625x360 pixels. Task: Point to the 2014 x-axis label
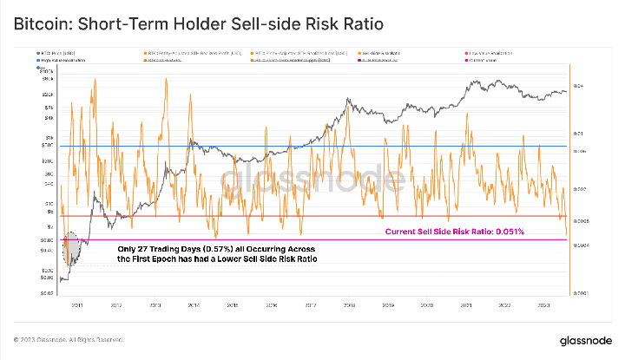click(192, 304)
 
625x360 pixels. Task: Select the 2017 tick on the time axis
click(309, 304)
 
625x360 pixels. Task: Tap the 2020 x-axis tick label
click(426, 304)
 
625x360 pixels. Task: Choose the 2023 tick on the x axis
click(543, 304)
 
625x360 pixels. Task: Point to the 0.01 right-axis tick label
click(579, 134)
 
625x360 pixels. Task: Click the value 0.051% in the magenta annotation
click(510, 232)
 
